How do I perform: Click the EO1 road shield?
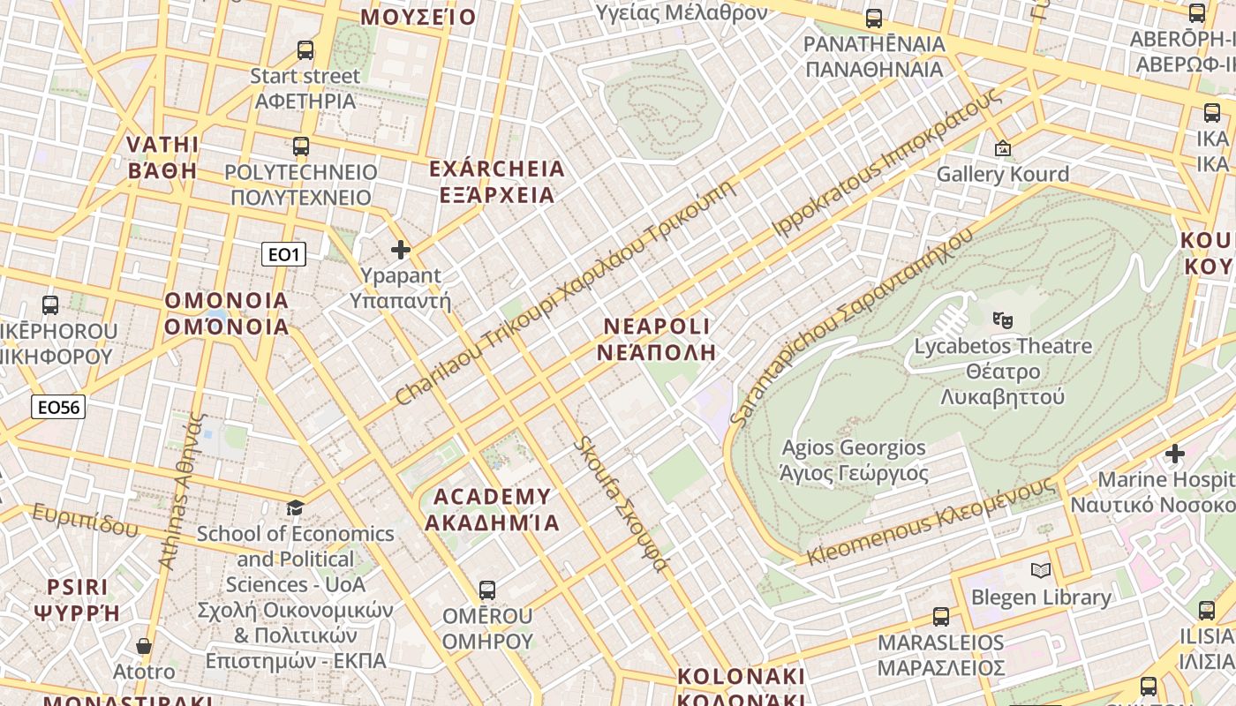pos(284,255)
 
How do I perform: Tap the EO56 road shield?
pos(58,407)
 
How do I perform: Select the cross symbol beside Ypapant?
pos(401,250)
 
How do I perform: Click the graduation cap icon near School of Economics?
pos(295,507)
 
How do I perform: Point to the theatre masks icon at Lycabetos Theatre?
pos(1002,319)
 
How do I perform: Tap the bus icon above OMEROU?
pos(486,590)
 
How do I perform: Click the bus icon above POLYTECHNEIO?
pos(301,146)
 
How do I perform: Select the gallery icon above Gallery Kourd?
pos(1002,148)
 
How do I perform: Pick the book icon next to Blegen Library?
pos(1041,570)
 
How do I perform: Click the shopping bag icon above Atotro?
pos(144,647)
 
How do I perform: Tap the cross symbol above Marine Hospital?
pos(1174,454)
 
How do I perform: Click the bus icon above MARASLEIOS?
pos(941,616)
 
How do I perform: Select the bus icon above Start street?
pos(305,50)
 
